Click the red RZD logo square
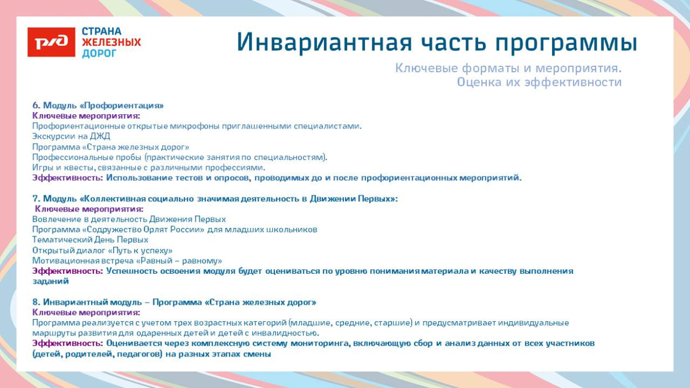click(51, 42)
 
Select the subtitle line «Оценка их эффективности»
click(539, 82)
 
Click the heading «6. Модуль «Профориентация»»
click(98, 105)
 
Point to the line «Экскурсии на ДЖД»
click(71, 136)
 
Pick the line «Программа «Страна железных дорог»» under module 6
click(110, 147)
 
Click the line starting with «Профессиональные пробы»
click(179, 157)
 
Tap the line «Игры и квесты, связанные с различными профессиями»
click(148, 167)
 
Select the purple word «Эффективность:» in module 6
click(67, 178)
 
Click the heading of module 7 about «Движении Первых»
click(215, 199)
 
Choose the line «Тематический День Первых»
click(90, 240)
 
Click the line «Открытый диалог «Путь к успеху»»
click(102, 250)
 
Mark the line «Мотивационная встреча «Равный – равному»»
click(127, 261)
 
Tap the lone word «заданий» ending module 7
click(50, 281)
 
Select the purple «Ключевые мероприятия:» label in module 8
click(86, 312)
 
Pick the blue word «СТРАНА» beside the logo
click(102, 31)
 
